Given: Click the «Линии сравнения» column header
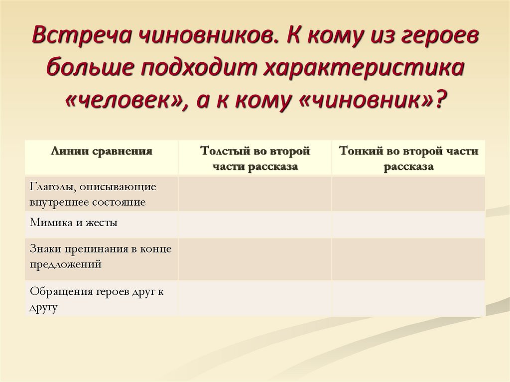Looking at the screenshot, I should [101, 150].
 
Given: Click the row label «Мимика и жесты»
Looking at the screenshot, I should [73, 223].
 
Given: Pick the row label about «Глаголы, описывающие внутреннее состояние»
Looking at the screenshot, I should [93, 194].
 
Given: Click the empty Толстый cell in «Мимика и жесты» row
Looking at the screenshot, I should [255, 224].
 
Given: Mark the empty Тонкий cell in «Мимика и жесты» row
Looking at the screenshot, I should [408, 224].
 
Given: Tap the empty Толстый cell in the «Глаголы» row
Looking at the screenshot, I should [255, 194].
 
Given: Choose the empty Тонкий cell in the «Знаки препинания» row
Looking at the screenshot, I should [408, 258].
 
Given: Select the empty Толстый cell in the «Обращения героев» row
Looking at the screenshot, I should [255, 298].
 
